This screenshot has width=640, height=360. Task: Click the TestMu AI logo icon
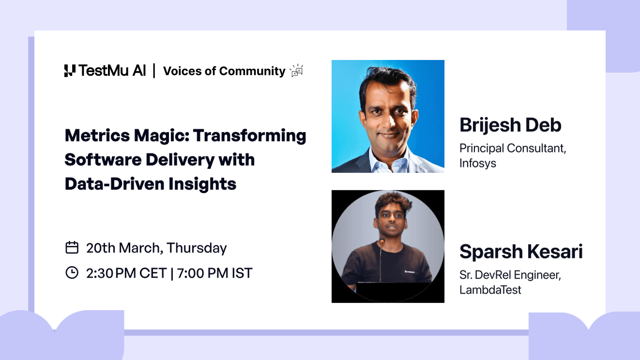(x=70, y=71)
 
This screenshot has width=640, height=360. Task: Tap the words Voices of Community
(x=224, y=71)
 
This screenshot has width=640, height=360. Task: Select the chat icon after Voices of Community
(x=296, y=71)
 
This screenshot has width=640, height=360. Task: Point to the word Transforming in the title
(x=250, y=135)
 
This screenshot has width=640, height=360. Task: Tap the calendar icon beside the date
(x=72, y=248)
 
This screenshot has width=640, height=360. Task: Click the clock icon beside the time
(x=72, y=273)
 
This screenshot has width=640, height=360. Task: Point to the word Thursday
(x=197, y=248)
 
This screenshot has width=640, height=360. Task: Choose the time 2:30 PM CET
(x=126, y=273)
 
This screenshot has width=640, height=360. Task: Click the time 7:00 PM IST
(x=214, y=273)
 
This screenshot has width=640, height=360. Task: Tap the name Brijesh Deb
(x=510, y=125)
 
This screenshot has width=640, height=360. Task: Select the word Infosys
(x=478, y=163)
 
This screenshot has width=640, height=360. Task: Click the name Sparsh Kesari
(x=521, y=252)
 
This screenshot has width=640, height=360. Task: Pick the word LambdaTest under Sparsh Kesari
(x=490, y=290)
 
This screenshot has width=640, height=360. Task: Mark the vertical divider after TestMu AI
(x=154, y=71)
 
